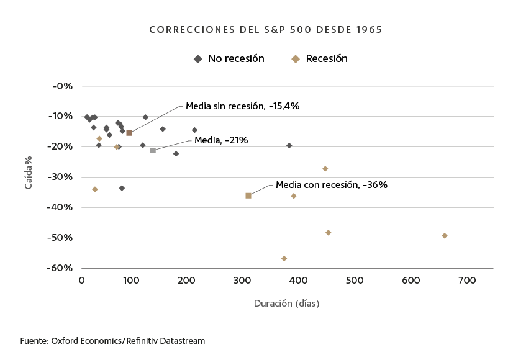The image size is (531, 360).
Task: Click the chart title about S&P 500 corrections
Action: [x=265, y=30]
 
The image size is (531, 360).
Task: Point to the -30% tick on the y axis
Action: [x=61, y=177]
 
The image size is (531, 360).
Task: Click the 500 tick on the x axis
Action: [x=354, y=281]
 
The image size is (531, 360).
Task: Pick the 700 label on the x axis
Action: [x=466, y=281]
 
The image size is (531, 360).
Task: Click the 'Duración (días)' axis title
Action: [x=286, y=304]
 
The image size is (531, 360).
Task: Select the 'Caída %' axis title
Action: [x=29, y=174]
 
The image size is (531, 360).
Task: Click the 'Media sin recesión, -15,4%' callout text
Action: [x=242, y=106]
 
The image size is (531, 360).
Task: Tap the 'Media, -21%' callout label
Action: [x=221, y=140]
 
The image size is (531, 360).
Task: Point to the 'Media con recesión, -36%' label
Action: [x=331, y=185]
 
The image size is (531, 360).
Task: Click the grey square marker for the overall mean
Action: [x=153, y=151]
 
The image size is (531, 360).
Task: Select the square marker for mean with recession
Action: [x=248, y=196]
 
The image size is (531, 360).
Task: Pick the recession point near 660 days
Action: [x=445, y=236]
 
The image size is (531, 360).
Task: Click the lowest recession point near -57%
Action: [x=284, y=258]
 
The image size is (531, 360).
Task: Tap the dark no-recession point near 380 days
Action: [x=289, y=145]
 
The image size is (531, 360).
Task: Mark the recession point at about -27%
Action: [x=325, y=169]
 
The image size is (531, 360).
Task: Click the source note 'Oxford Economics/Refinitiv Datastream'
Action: [x=112, y=341]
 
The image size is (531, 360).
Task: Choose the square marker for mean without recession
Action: [x=129, y=133]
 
